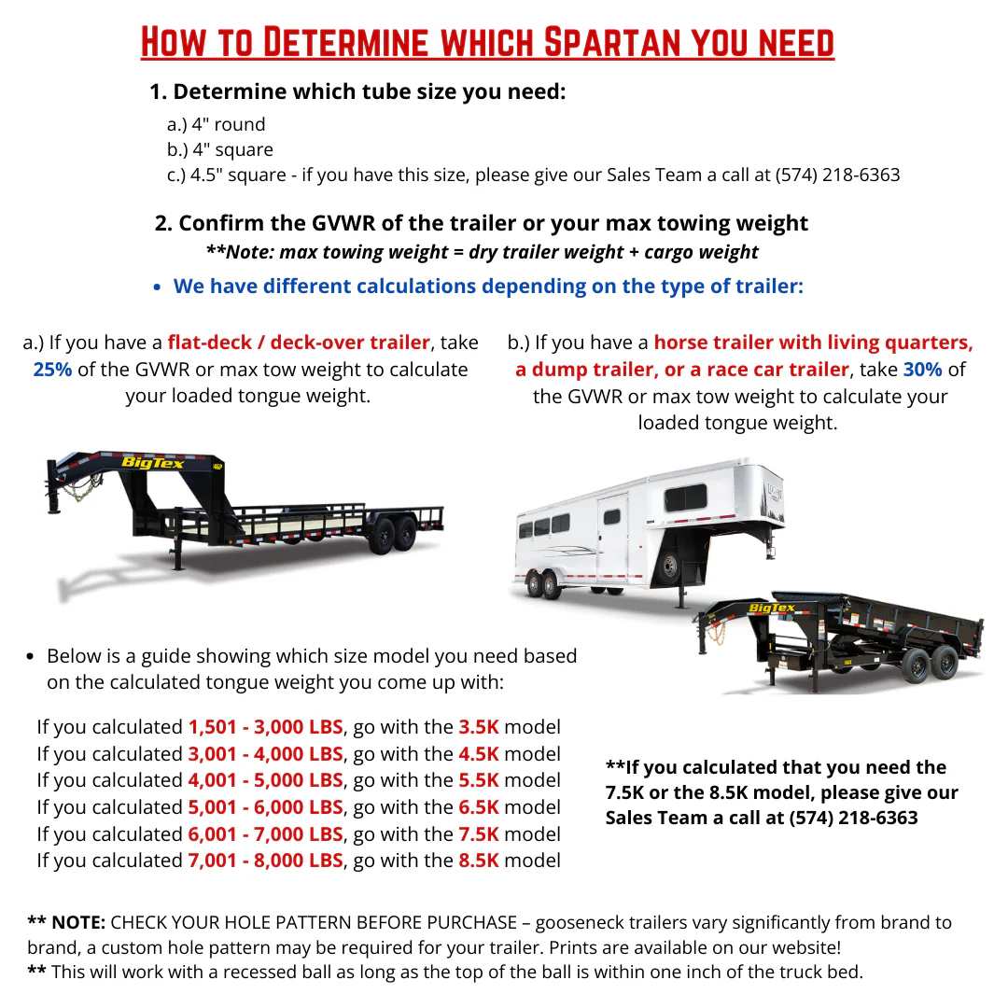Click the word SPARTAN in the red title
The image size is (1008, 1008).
(x=612, y=42)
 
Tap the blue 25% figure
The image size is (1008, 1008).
(x=52, y=370)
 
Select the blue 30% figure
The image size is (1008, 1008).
(x=922, y=370)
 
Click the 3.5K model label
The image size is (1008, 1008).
(x=479, y=727)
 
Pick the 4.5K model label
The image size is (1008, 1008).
(x=479, y=754)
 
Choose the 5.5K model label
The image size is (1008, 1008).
(x=479, y=780)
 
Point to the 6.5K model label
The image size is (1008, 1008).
(x=479, y=807)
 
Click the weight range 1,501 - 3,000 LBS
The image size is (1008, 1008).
(x=265, y=727)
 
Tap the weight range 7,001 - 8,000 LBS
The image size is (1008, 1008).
(x=265, y=861)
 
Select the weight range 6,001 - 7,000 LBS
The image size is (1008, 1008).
(x=265, y=834)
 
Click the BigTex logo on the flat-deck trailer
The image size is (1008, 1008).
(x=152, y=463)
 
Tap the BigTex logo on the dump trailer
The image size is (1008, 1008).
(x=772, y=608)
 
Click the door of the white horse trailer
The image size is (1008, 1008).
(x=611, y=538)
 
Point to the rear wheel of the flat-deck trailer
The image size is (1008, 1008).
(x=405, y=534)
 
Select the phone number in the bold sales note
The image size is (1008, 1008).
(x=854, y=818)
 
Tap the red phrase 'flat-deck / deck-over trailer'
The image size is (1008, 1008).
(x=299, y=343)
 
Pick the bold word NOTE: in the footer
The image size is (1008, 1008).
(x=78, y=922)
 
